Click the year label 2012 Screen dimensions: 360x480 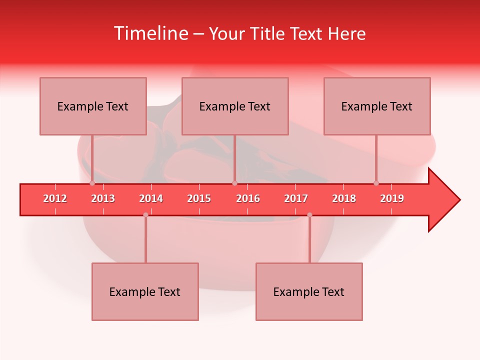[x=55, y=198]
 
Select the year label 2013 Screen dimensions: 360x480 [x=103, y=198]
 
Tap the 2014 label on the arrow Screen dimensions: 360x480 [x=151, y=198]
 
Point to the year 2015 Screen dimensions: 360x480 [x=199, y=198]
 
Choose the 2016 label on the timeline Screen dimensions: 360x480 [x=248, y=198]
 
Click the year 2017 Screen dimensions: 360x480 [x=296, y=198]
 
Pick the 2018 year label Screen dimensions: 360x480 [x=344, y=198]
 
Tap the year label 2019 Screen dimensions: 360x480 [x=392, y=198]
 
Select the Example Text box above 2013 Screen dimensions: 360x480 [x=93, y=106]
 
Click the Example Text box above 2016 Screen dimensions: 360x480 [x=235, y=106]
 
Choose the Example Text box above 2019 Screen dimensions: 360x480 [x=377, y=106]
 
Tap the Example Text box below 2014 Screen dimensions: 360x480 [x=145, y=291]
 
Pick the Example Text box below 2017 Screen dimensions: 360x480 [x=309, y=291]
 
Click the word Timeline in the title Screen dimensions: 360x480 [x=150, y=33]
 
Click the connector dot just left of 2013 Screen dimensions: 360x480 [x=92, y=183]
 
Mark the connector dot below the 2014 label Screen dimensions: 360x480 [x=145, y=215]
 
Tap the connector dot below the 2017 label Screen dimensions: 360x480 [x=309, y=215]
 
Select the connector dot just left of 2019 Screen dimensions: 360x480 [x=376, y=183]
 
